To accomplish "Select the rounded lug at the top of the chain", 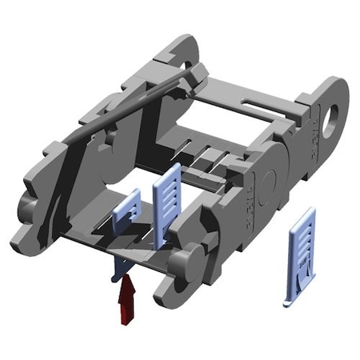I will pyautogui.click(x=182, y=48).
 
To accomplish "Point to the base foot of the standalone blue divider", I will pyautogui.click(x=296, y=302).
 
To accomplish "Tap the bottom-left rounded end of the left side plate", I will pyautogui.click(x=24, y=237).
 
